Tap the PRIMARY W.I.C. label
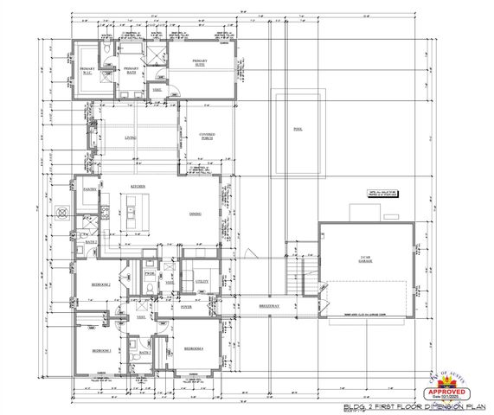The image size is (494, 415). (x=87, y=70)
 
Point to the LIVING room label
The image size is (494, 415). (x=132, y=137)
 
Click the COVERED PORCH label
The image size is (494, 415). (x=207, y=137)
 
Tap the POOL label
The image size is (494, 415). (x=298, y=130)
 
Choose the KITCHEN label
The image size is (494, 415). (x=137, y=186)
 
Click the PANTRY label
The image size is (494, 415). (x=88, y=188)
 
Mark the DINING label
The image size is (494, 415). (x=196, y=214)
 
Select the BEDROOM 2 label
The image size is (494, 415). (x=100, y=284)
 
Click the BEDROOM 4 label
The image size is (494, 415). (x=192, y=348)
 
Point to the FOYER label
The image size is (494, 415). (x=186, y=306)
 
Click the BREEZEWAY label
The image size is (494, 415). (x=269, y=306)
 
